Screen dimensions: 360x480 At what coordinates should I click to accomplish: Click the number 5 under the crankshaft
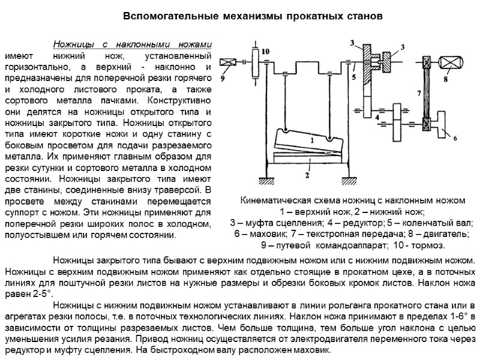355,77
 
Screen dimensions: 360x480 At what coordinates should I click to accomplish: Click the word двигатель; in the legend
443,234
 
